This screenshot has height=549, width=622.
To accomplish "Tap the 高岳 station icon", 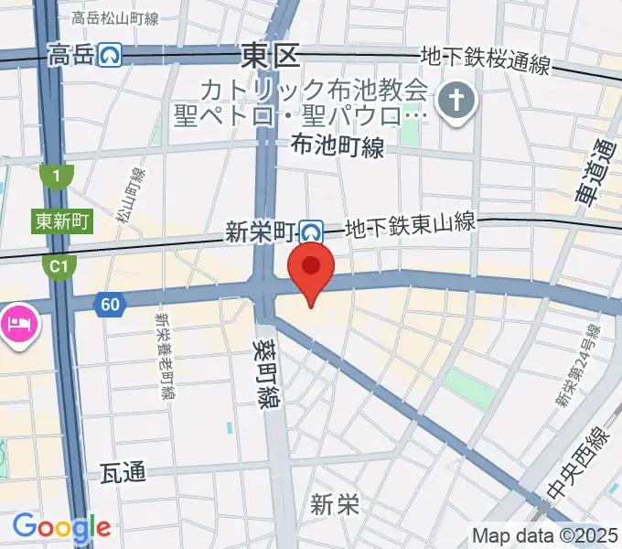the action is tap(113, 57).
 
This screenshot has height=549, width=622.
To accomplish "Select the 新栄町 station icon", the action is tap(313, 232).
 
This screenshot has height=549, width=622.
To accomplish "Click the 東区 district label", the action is tap(271, 57).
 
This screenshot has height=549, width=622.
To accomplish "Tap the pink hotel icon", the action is tap(17, 323).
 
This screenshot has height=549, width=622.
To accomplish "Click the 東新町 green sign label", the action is tap(62, 221).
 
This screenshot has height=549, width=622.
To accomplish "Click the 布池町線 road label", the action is tap(337, 146).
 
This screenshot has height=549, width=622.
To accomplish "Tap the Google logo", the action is tap(61, 528).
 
